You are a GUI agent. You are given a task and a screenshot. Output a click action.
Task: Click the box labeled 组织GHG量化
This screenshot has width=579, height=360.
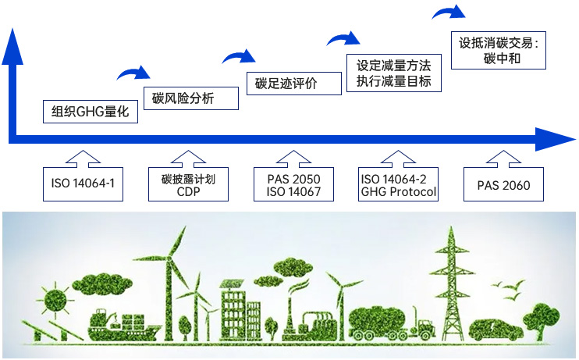[90, 112]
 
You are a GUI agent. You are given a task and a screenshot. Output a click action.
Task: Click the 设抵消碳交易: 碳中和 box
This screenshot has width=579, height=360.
[501, 50]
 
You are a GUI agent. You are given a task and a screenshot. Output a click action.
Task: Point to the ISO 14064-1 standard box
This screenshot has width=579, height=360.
[83, 185]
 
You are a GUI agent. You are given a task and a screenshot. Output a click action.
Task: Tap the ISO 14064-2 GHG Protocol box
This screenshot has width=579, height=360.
[398, 185]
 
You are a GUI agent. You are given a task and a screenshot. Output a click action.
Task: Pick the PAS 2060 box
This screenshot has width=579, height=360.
[503, 185]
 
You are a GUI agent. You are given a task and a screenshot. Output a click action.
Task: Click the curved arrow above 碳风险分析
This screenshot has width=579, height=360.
[133, 73]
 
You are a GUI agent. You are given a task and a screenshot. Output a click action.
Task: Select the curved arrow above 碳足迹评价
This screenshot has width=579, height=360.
[239, 56]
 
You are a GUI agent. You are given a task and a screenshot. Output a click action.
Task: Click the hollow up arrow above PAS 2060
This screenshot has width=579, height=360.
[503, 157]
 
